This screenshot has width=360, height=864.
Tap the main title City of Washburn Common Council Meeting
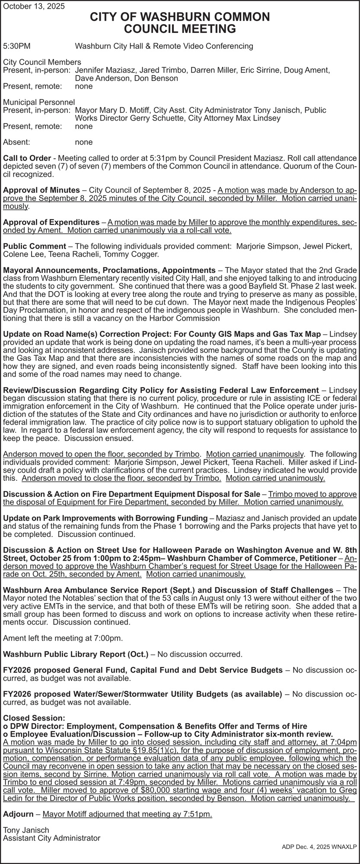(x=180, y=23)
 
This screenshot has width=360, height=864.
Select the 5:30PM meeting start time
(x=17, y=46)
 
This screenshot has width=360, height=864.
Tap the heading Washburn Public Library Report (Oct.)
(x=76, y=654)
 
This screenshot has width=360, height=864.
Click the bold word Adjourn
(x=18, y=814)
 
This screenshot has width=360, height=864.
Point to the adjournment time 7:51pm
(x=198, y=814)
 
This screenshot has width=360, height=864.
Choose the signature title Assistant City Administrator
(x=51, y=838)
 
